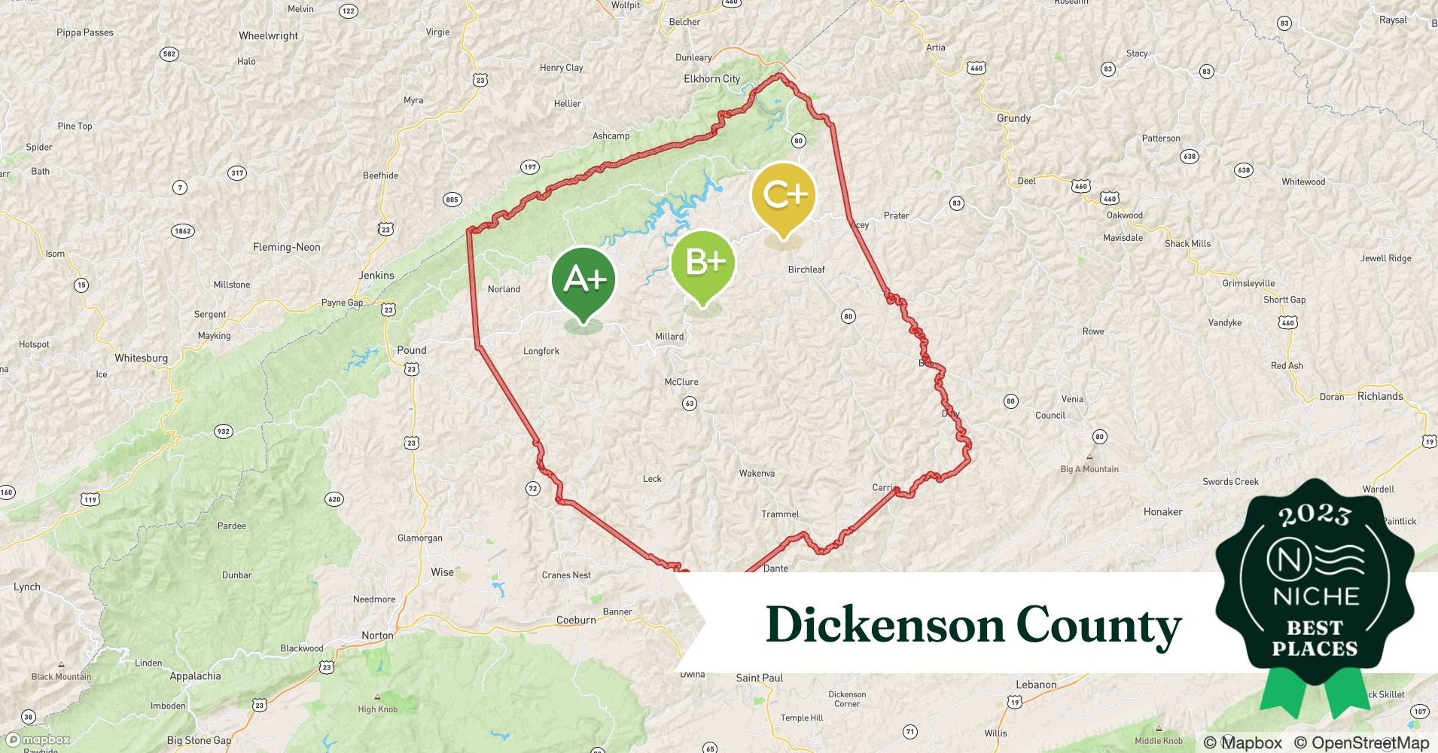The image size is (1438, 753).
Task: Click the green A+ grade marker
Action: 583,280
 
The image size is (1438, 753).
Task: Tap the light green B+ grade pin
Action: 702,263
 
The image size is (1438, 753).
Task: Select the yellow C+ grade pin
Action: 784,196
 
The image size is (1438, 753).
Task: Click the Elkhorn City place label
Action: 711,79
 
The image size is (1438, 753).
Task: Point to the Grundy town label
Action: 1013,118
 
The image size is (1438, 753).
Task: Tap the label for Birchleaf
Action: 806,270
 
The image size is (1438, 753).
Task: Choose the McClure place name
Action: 681,382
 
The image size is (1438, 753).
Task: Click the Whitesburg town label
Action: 141,358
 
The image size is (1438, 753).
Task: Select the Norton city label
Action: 377,636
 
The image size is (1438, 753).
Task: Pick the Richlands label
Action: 1380,396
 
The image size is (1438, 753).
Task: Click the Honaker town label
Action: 1162,512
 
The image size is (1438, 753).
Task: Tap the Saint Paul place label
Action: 759,678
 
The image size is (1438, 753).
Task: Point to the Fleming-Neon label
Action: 286,247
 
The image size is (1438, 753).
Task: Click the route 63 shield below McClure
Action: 690,404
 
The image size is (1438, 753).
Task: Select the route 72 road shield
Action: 533,489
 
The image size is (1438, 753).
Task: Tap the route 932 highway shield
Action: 223,431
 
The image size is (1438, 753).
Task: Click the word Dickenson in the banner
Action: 885,625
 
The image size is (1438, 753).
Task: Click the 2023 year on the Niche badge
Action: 1315,514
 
